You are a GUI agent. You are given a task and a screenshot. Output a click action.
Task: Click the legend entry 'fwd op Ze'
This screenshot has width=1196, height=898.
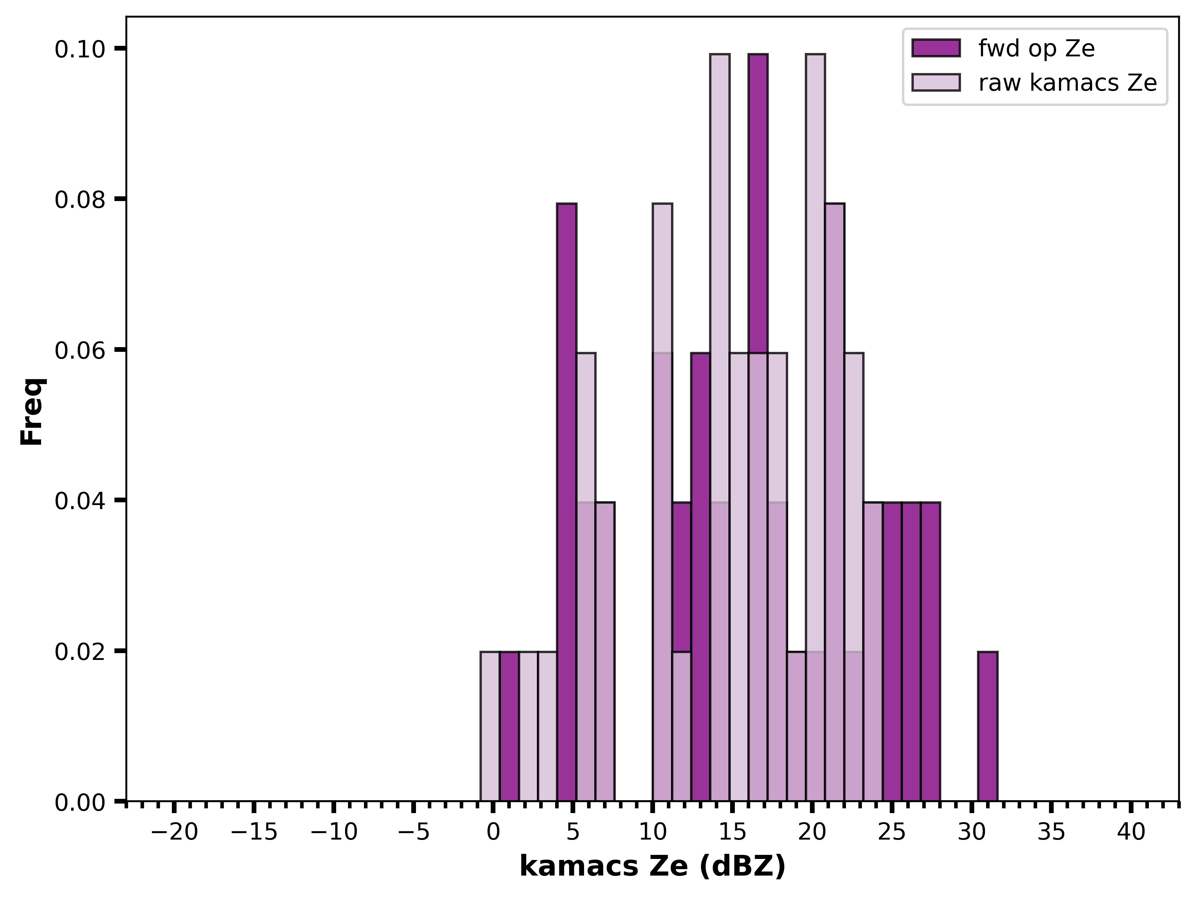point(1003,48)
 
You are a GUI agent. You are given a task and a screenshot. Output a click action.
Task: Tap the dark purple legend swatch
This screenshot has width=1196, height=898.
point(936,48)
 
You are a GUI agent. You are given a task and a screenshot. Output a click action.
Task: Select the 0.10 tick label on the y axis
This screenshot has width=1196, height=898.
point(79,49)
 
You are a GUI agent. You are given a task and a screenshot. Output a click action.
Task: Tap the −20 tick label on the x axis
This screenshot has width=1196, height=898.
point(174,832)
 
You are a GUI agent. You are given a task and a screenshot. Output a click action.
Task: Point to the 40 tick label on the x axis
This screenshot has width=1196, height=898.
point(1131,832)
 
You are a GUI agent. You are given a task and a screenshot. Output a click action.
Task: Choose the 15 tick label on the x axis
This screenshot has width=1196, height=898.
point(732,832)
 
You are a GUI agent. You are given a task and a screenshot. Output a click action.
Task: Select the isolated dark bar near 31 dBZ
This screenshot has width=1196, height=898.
point(987,726)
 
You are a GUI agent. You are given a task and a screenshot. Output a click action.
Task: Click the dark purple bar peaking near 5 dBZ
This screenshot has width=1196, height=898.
point(567,502)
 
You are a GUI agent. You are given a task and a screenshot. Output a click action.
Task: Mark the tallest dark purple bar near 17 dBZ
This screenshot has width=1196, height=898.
point(758,427)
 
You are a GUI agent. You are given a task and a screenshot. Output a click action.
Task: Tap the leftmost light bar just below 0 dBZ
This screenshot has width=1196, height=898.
point(490,726)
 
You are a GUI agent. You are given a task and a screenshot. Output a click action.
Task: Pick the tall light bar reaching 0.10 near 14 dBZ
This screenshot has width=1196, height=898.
point(720,427)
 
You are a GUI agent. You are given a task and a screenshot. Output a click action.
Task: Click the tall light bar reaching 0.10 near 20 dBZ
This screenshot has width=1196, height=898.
point(815,427)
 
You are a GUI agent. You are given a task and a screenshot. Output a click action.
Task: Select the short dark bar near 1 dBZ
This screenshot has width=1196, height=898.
point(509,726)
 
